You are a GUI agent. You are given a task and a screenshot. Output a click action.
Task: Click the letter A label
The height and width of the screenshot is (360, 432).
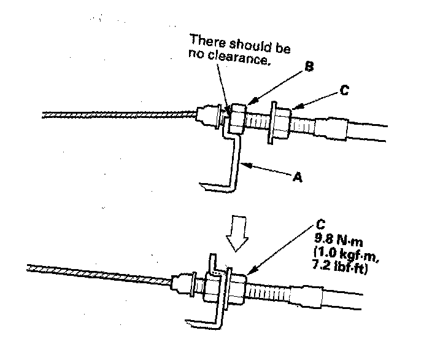(x=298, y=176)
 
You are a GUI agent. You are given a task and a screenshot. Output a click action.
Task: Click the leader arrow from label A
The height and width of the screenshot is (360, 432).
(x=270, y=170)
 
